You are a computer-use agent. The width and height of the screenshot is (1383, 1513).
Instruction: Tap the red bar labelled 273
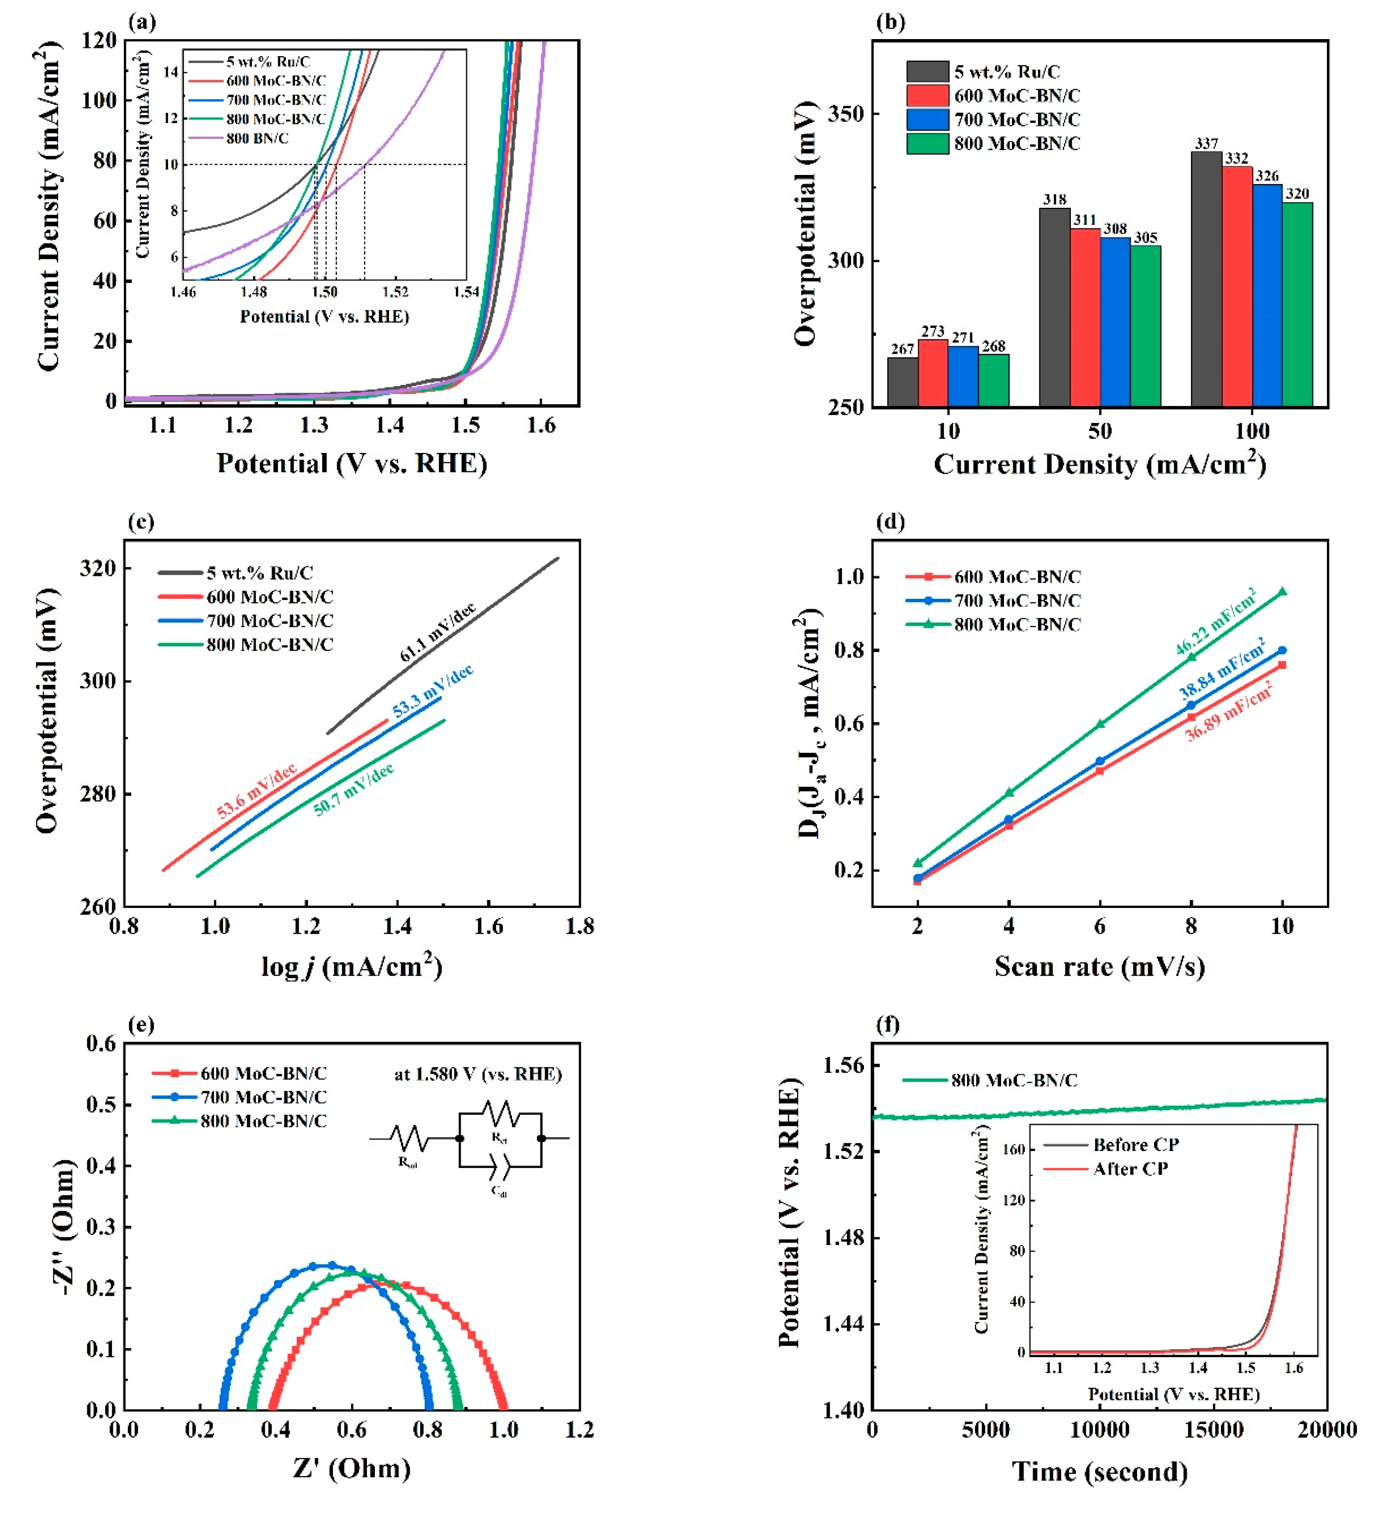point(933,373)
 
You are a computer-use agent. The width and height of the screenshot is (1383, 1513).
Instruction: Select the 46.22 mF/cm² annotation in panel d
point(1216,622)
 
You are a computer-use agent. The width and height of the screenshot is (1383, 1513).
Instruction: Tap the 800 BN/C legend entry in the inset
point(257,138)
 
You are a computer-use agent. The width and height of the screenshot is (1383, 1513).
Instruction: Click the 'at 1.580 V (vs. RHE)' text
point(478,1074)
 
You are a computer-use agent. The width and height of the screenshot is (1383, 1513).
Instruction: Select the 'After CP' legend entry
point(1130,1169)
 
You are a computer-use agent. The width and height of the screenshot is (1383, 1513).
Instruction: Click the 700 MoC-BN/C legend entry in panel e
point(263,1097)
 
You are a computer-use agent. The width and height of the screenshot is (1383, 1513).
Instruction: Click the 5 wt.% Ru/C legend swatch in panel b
point(928,72)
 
